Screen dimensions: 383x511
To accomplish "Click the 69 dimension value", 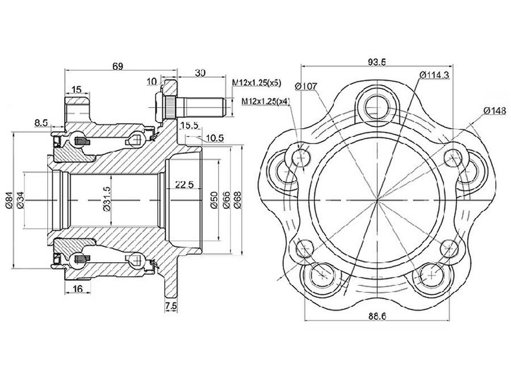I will pyautogui.click(x=118, y=66).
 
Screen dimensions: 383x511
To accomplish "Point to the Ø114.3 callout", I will pyautogui.click(x=435, y=74).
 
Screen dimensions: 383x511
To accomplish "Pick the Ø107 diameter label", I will pyautogui.click(x=306, y=86).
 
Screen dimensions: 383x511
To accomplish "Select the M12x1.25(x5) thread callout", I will pyautogui.click(x=257, y=83).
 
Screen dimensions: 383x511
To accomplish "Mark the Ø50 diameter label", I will pyautogui.click(x=214, y=200).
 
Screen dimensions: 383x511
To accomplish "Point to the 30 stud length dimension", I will pyautogui.click(x=200, y=72).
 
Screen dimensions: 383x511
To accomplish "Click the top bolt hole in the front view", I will pyautogui.click(x=376, y=105).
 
